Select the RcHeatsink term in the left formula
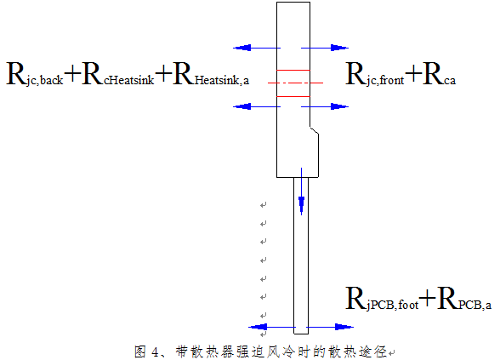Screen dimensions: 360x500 pos(118,75)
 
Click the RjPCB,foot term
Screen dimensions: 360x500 pos(381,300)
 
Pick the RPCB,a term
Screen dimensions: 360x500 pos(464,300)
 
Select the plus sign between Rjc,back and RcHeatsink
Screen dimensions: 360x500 pos(72,76)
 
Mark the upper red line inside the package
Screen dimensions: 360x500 pos(293,70)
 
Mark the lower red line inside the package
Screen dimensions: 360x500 pos(293,96)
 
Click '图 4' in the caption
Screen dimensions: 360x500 pos(148,350)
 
